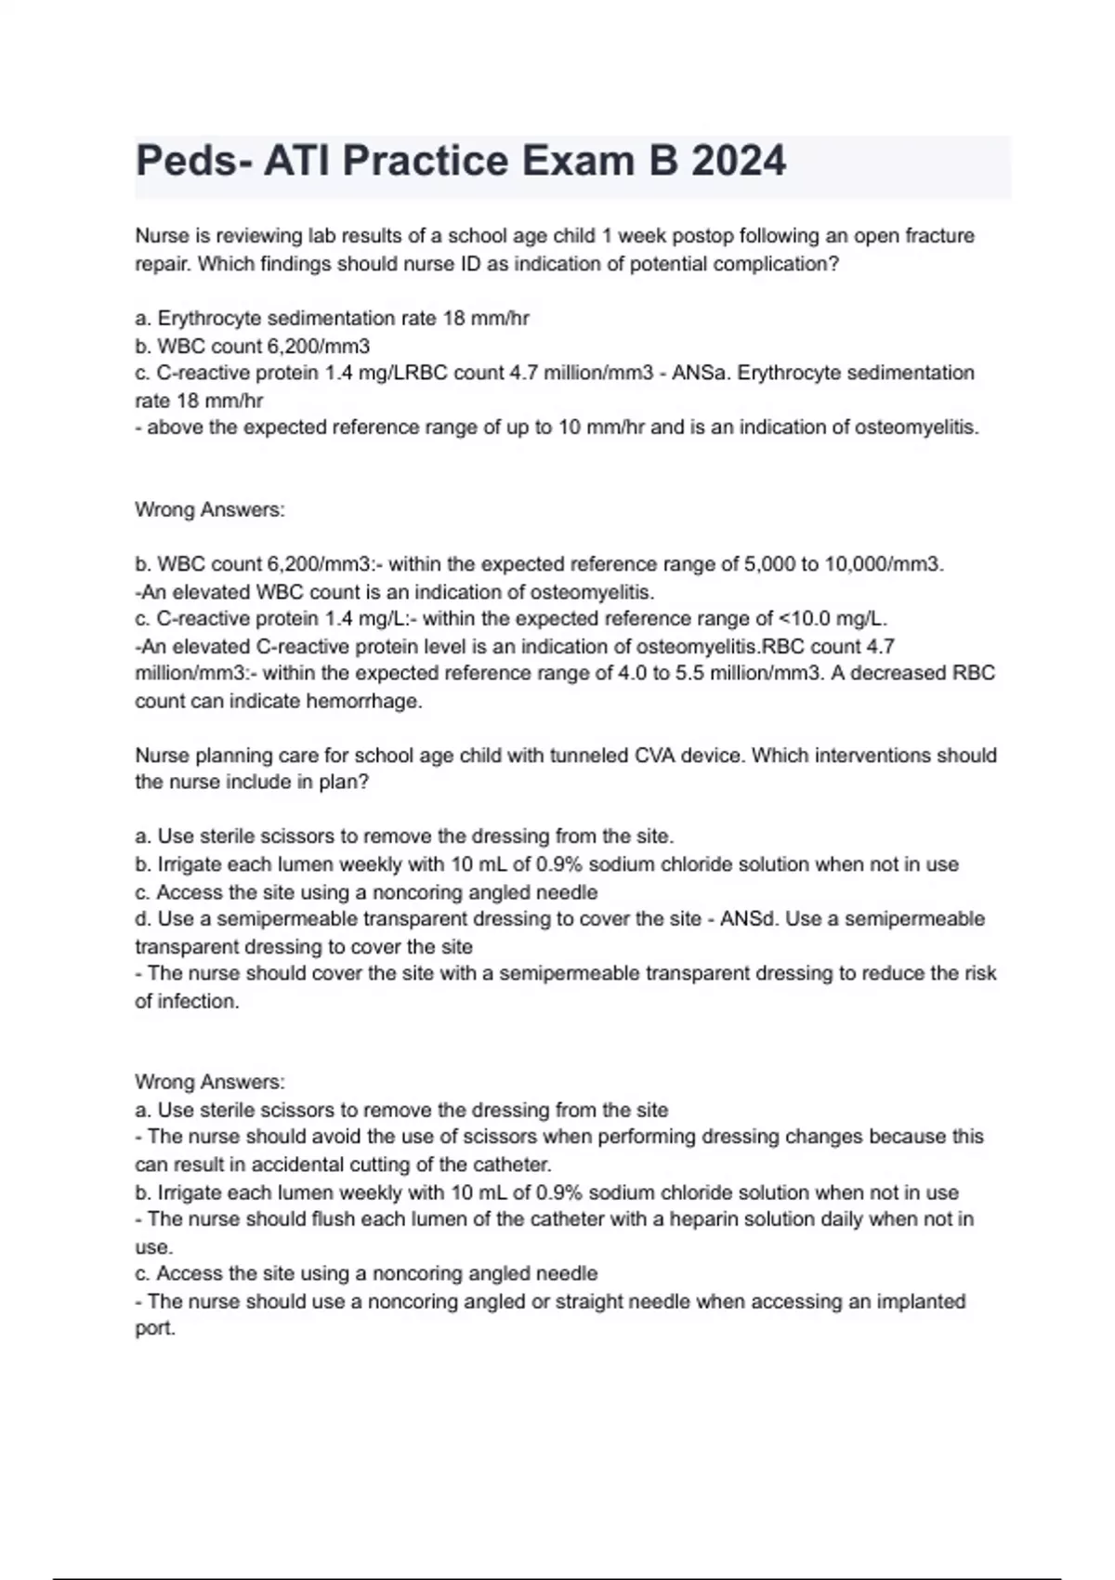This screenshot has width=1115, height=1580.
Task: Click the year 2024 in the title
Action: [739, 161]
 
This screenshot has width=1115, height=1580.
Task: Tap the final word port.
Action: [155, 1329]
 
